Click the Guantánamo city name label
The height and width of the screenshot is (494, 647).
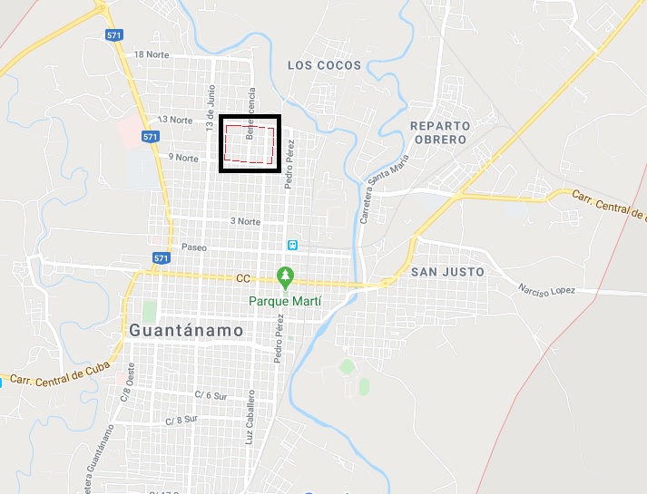point(187,331)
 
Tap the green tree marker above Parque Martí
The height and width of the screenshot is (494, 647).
point(286,275)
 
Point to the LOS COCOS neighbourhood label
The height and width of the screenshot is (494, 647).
point(324,65)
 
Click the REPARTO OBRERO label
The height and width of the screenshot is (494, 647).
point(438,132)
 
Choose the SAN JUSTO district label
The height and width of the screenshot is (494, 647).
point(447,271)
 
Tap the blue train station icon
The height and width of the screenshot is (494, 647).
point(292,245)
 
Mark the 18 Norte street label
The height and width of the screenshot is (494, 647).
point(152,54)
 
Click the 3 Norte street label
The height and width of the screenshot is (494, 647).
point(245,221)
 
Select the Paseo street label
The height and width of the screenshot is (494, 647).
point(194,247)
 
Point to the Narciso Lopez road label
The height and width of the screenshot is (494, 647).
point(547,290)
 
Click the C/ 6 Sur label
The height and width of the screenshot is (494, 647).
point(211,394)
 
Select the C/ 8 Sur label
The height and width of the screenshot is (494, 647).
point(181,421)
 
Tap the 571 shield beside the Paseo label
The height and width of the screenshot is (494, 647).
point(162,258)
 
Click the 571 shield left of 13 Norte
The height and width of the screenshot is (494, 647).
point(151,136)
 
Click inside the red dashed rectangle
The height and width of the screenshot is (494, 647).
point(250,144)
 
